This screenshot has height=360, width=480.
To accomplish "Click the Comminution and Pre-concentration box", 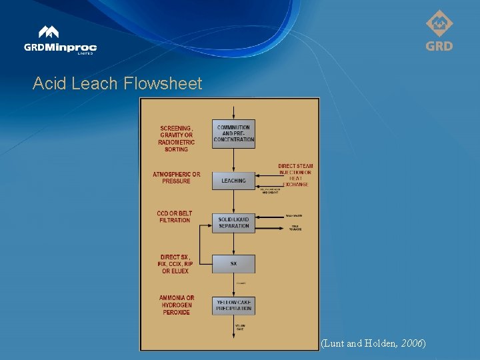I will pyautogui.click(x=233, y=133).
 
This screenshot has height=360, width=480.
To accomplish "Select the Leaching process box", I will pyautogui.click(x=233, y=181).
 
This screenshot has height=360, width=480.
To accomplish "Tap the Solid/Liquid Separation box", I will pyautogui.click(x=233, y=222).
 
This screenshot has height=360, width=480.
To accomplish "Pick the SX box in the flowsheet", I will pyautogui.click(x=233, y=264).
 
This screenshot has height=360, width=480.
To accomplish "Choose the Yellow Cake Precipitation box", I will pyautogui.click(x=233, y=305).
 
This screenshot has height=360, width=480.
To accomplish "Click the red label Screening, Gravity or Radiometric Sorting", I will pyautogui.click(x=176, y=138).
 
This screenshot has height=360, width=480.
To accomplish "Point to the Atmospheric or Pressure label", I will pyautogui.click(x=176, y=178).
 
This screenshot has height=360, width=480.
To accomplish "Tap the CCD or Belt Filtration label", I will pyautogui.click(x=174, y=217).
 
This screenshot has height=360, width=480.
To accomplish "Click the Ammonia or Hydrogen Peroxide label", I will pyautogui.click(x=176, y=305).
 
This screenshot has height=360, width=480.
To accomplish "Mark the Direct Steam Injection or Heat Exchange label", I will pyautogui.click(x=295, y=175).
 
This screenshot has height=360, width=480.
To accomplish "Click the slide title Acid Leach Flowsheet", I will pyautogui.click(x=117, y=83).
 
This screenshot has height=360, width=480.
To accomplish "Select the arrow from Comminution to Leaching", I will pyautogui.click(x=233, y=160).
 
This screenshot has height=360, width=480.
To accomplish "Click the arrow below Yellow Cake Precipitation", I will pyautogui.click(x=233, y=320).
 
